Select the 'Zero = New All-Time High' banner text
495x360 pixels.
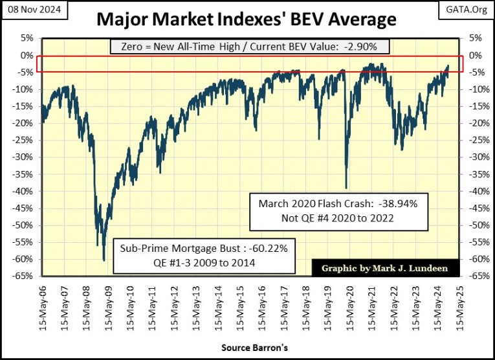249,46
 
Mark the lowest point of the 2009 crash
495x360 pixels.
104,260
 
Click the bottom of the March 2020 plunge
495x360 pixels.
347,188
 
